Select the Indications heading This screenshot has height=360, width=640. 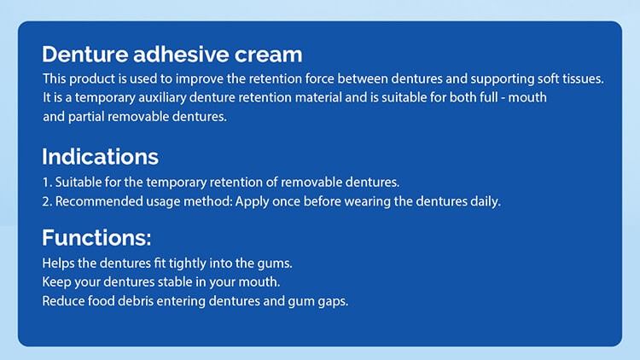(100, 157)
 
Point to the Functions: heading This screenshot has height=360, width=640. (96, 237)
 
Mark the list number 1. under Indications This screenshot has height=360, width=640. (47, 183)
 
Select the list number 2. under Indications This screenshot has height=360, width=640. (47, 201)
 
